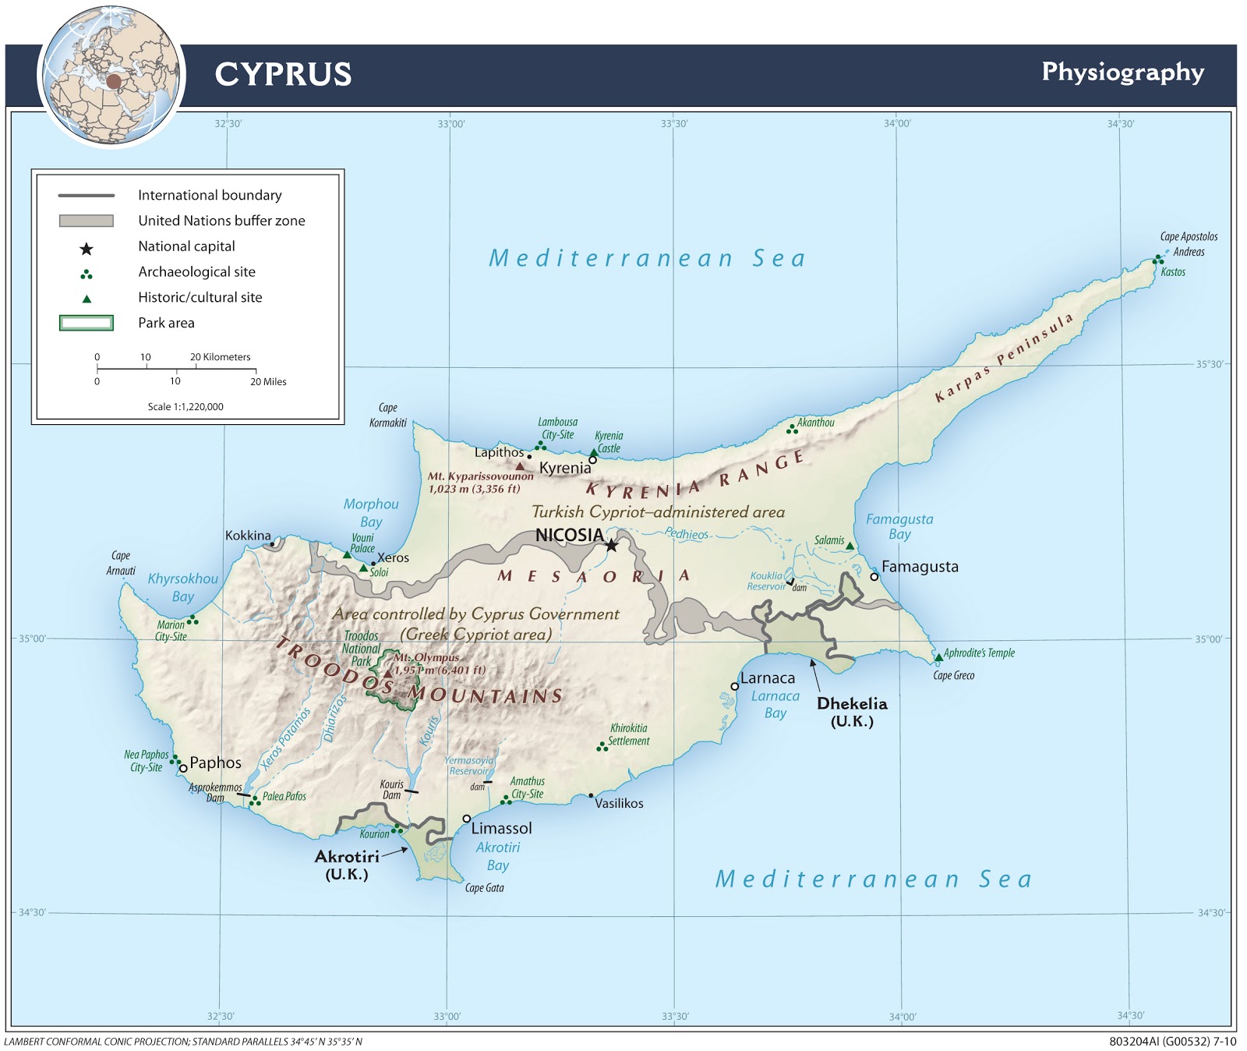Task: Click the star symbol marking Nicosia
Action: tap(612, 546)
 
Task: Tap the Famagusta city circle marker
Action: tap(874, 577)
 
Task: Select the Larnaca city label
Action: tap(768, 678)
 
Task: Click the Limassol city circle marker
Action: tap(467, 819)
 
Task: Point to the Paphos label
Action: tap(216, 763)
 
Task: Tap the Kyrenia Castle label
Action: tap(609, 442)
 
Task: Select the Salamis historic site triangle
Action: tap(850, 546)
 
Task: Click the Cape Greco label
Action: tap(953, 675)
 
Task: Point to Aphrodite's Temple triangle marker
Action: tap(938, 657)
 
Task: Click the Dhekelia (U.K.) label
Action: tap(852, 712)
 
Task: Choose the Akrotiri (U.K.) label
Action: tap(347, 865)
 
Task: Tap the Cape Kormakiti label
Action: tap(388, 415)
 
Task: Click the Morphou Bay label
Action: tap(371, 513)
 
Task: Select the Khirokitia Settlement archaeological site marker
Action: tap(601, 747)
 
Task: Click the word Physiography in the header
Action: tap(1122, 72)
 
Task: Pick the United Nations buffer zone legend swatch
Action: tap(87, 221)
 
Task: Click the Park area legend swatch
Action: tap(87, 323)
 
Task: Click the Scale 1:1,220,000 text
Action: tap(185, 406)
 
